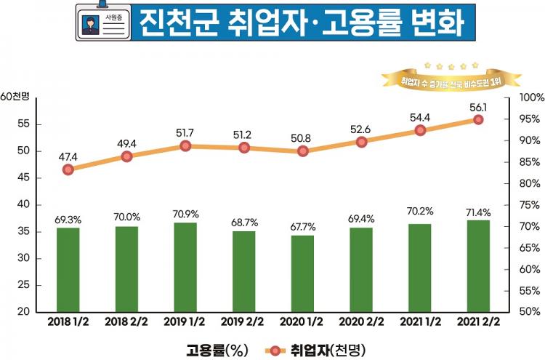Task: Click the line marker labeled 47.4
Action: (68, 169)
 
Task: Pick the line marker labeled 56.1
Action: (479, 119)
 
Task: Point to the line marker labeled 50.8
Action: (303, 151)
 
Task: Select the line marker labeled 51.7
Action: (185, 145)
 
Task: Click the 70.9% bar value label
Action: (185, 215)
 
